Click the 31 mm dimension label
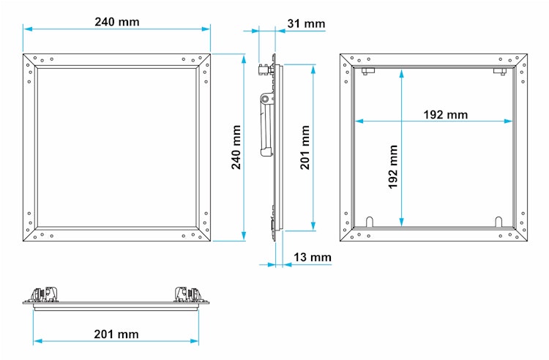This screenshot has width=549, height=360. click(x=306, y=24)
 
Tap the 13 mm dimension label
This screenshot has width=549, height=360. click(x=313, y=257)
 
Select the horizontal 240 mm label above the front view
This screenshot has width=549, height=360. click(x=117, y=22)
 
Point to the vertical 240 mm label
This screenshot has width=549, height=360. click(x=236, y=147)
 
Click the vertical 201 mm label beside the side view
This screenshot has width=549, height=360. click(x=305, y=147)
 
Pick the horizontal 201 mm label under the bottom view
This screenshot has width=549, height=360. click(x=116, y=334)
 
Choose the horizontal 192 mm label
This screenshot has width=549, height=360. click(x=445, y=114)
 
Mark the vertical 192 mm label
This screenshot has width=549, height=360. click(x=393, y=167)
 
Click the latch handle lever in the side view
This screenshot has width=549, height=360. click(x=266, y=124)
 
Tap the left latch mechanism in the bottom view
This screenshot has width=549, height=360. click(x=45, y=295)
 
